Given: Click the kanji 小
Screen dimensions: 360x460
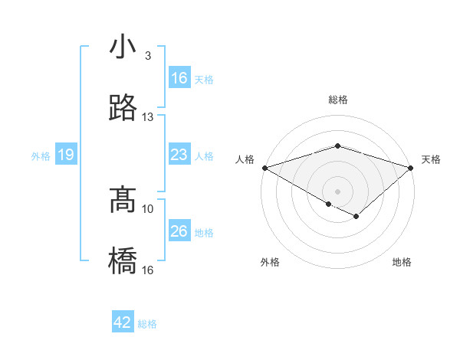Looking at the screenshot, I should tap(123, 47).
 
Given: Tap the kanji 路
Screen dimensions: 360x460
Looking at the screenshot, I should tap(123, 109).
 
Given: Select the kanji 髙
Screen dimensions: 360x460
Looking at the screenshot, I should tap(123, 201).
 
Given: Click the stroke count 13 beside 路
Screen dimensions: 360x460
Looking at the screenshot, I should tap(148, 117).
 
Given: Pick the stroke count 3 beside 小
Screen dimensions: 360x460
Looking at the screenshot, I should tap(148, 56).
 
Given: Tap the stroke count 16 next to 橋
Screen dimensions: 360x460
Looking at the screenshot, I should tap(148, 270).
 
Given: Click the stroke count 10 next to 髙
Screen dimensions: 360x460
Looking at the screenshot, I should tap(148, 208).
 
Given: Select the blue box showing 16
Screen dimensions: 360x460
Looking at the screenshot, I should tap(179, 78).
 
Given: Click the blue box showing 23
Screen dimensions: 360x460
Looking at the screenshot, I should tap(179, 155).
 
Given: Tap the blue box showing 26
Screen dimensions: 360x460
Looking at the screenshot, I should tap(179, 231).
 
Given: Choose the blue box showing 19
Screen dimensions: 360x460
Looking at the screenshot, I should tap(65, 155).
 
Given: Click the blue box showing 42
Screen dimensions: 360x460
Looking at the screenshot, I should tap(123, 322).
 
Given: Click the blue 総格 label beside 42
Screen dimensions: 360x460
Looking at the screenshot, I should tap(147, 324).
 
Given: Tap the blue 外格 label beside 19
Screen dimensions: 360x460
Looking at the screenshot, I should tap(41, 156).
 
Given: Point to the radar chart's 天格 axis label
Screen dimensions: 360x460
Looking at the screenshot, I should tap(432, 159).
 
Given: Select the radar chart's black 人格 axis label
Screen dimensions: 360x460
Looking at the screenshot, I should tap(245, 159).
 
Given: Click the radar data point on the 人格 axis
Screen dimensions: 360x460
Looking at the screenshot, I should tap(264, 168).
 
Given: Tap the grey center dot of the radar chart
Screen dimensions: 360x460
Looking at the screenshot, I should tap(338, 191).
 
